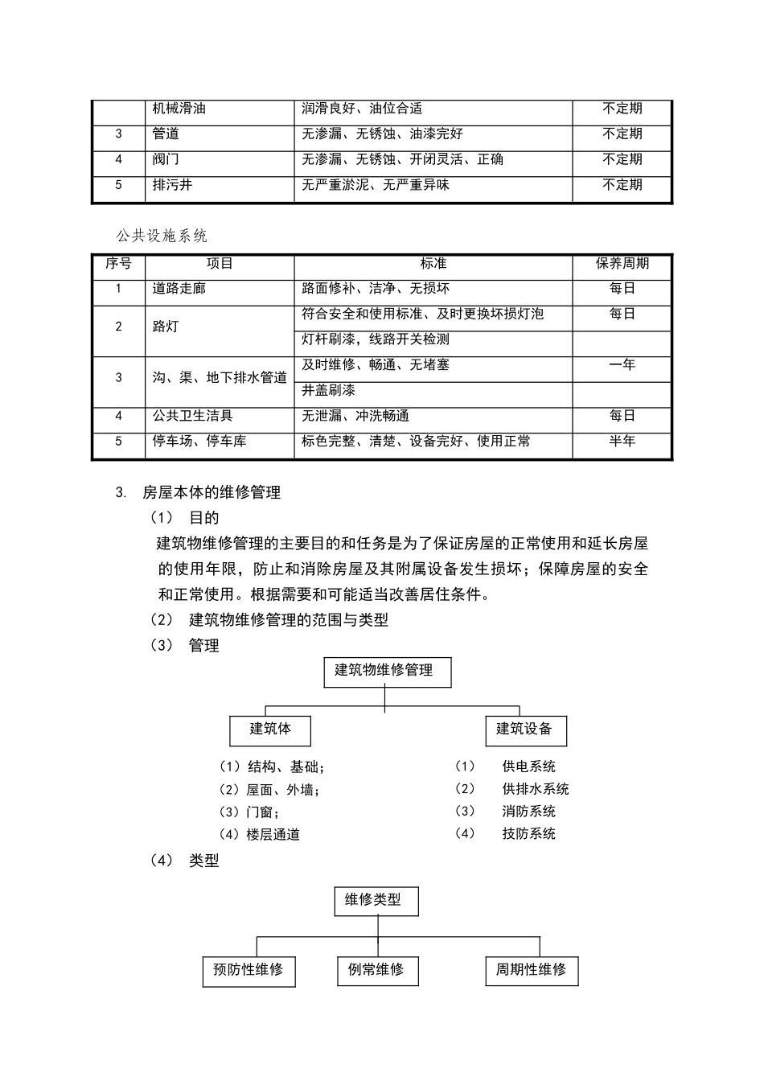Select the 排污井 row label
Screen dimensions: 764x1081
pyautogui.click(x=173, y=185)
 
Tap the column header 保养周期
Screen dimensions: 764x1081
pyautogui.click(x=622, y=264)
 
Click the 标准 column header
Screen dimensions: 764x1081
pyautogui.click(x=433, y=264)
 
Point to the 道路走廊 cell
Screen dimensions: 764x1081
pyautogui.click(x=179, y=289)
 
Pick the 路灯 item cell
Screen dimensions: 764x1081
pyautogui.click(x=166, y=327)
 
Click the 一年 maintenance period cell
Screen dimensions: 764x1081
pyautogui.click(x=622, y=365)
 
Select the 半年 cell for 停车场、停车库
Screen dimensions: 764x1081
pyautogui.click(x=622, y=442)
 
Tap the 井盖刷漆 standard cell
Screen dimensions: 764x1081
pyautogui.click(x=328, y=391)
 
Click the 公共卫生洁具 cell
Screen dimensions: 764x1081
pyautogui.click(x=193, y=416)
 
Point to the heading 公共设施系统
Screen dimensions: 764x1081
pyautogui.click(x=162, y=236)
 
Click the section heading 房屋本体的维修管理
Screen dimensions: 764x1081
pyautogui.click(x=211, y=492)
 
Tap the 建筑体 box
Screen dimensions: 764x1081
pyautogui.click(x=270, y=730)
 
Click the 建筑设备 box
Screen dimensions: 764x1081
pyautogui.click(x=524, y=730)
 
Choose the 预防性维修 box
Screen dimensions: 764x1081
pyautogui.click(x=249, y=970)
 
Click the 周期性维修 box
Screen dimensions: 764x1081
pyautogui.click(x=531, y=970)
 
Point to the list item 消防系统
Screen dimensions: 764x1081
pyautogui.click(x=528, y=812)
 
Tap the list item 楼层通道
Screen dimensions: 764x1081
pyautogui.click(x=273, y=835)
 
